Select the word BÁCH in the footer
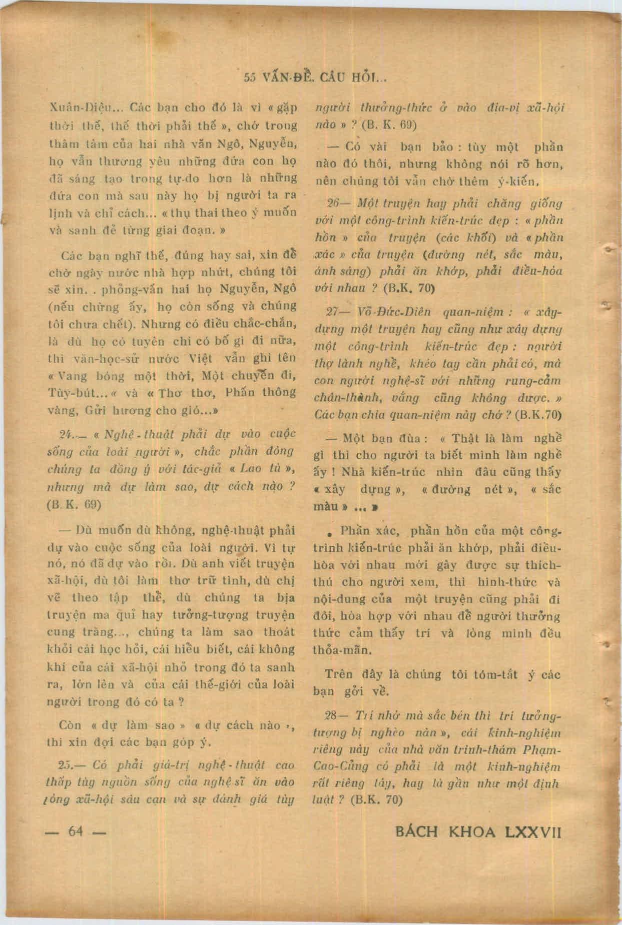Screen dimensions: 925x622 click(416, 832)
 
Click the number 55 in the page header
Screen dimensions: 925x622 click(249, 78)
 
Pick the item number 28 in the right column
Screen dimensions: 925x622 click(333, 716)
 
